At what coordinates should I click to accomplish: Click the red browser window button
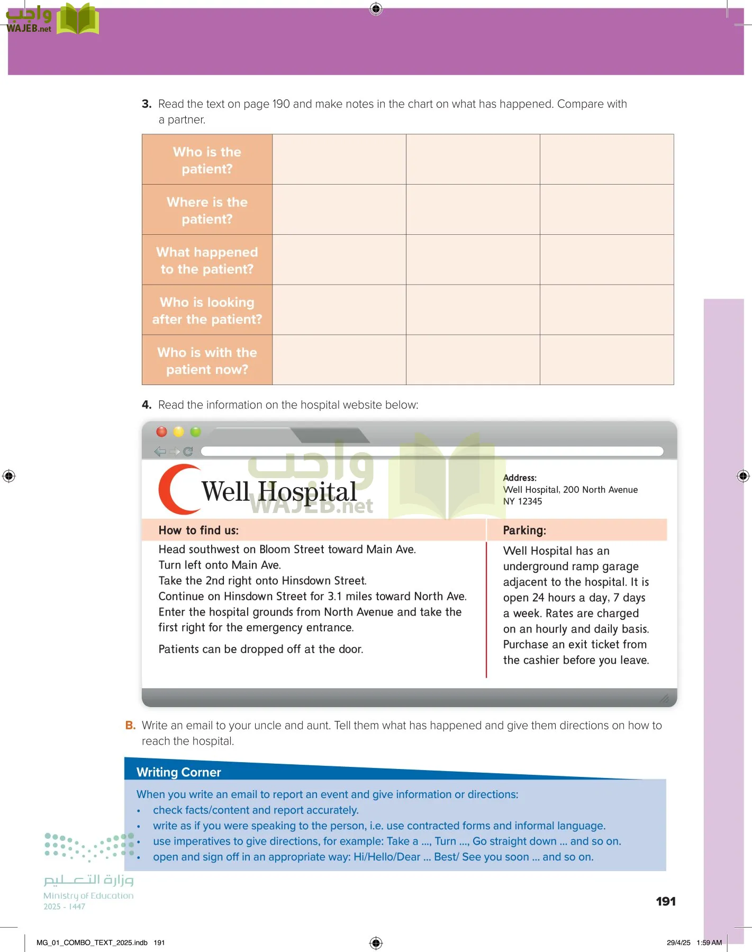[x=162, y=432]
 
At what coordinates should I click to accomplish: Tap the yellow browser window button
[x=179, y=432]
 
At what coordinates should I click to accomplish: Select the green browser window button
[x=196, y=432]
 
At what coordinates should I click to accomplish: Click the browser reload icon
[x=188, y=452]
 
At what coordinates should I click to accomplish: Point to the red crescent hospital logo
[x=177, y=489]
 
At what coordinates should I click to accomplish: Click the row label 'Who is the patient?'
[x=207, y=160]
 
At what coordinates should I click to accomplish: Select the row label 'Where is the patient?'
[x=207, y=210]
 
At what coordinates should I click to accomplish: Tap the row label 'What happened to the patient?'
[x=207, y=261]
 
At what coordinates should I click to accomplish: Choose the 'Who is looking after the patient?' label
[x=207, y=310]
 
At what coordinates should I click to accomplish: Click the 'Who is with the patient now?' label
[x=207, y=361]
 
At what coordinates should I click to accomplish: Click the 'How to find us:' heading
[x=198, y=530]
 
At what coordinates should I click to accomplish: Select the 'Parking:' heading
[x=524, y=530]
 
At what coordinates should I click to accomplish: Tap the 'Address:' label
[x=520, y=478]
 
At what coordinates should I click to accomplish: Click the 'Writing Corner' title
[x=179, y=772]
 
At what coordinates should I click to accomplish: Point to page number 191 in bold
[x=666, y=902]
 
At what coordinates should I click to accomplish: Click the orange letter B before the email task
[x=130, y=726]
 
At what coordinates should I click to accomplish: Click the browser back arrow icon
[x=160, y=452]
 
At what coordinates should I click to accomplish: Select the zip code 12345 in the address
[x=530, y=501]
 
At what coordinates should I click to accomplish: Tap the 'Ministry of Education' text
[x=88, y=896]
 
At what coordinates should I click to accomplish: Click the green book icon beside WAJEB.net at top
[x=78, y=20]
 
